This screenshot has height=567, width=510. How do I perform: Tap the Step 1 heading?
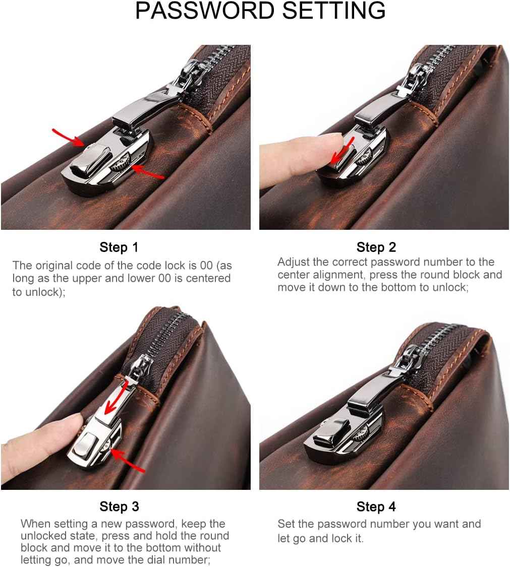point(119,247)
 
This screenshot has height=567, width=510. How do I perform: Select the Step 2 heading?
point(376,247)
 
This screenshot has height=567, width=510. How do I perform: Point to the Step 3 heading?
point(119,507)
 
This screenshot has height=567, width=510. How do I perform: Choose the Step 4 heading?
point(376,507)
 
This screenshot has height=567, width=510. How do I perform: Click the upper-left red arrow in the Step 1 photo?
point(68,137)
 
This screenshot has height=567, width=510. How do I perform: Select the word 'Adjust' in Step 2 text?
point(293,262)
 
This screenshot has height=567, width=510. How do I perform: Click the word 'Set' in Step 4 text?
point(286,524)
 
